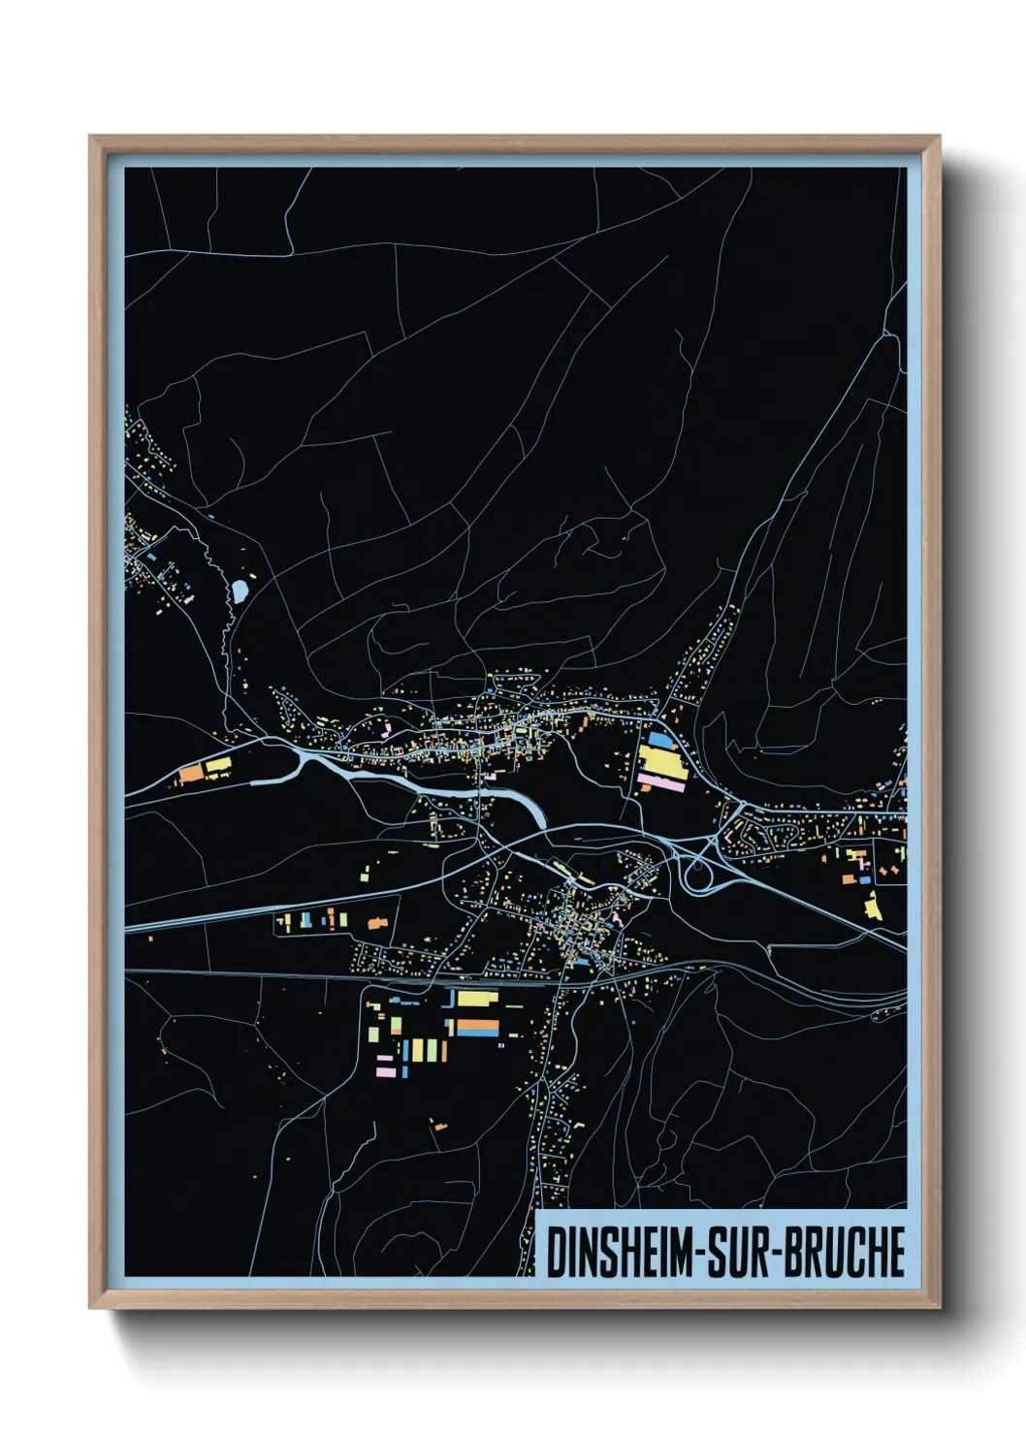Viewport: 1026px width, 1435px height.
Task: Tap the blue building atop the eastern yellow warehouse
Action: point(659,739)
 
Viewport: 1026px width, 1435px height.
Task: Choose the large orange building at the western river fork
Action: point(190,773)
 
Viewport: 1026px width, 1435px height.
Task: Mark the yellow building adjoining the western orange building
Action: point(218,766)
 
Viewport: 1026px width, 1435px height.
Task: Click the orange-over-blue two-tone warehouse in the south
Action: point(476,1027)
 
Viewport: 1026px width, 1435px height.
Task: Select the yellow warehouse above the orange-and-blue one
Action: point(477,998)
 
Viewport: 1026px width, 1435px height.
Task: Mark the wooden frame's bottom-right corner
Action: point(938,1306)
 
